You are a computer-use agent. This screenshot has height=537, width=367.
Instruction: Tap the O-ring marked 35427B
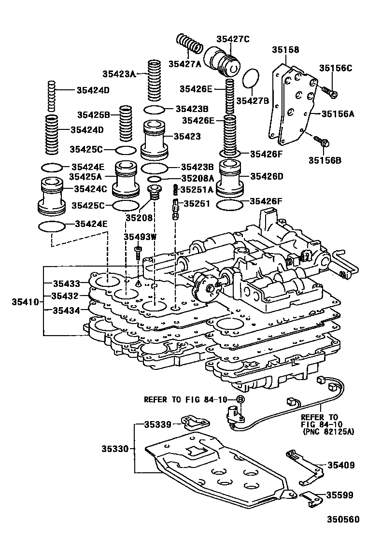(251, 80)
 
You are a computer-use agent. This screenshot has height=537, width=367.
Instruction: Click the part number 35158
(285, 50)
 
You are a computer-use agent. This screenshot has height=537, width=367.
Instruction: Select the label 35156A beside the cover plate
(339, 114)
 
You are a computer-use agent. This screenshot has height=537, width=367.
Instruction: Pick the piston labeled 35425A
(125, 179)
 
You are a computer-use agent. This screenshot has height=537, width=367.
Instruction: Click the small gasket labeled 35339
(194, 422)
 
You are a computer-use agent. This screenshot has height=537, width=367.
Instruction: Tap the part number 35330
(115, 449)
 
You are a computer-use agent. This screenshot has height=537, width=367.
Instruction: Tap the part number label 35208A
(197, 179)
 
